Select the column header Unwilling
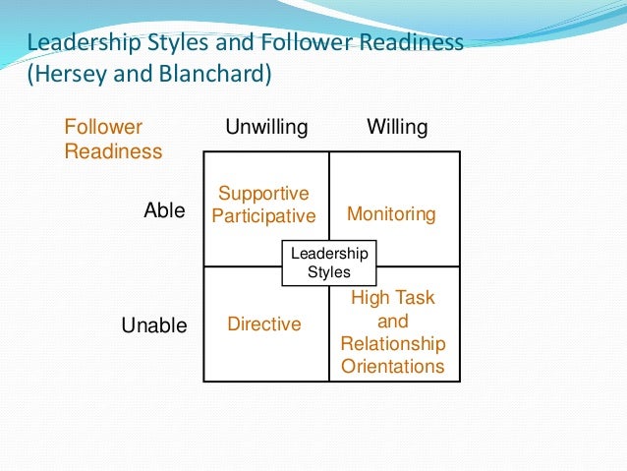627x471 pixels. pos(266,127)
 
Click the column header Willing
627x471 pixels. pos(397,127)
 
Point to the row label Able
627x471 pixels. pos(164,209)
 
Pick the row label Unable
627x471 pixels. pos(154,325)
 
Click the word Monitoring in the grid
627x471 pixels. pos(391,214)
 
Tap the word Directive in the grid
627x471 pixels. pos(264,324)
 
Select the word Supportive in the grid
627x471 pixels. pos(263,194)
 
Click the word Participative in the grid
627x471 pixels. pos(263,216)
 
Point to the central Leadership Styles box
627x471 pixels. pos(329,263)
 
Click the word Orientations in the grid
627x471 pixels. pos(392,367)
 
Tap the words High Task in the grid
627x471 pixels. pos(393,298)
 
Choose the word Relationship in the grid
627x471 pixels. pos(392,344)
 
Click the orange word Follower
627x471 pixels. pos(103,127)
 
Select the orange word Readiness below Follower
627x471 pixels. pos(114,152)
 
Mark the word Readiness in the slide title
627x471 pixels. pos(407,43)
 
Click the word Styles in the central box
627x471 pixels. pos(329,272)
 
